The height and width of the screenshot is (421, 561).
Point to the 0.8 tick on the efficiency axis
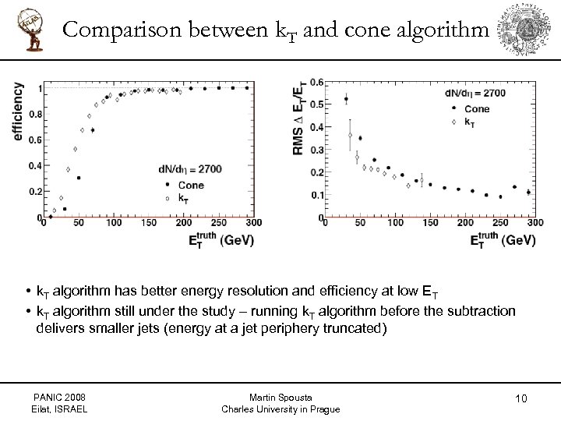(36, 115)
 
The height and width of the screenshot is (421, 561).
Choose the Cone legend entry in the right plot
(476, 109)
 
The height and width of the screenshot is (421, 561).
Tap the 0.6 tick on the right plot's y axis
(317, 82)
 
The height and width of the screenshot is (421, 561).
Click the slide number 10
(521, 399)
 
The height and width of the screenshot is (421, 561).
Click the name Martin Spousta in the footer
(280, 398)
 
